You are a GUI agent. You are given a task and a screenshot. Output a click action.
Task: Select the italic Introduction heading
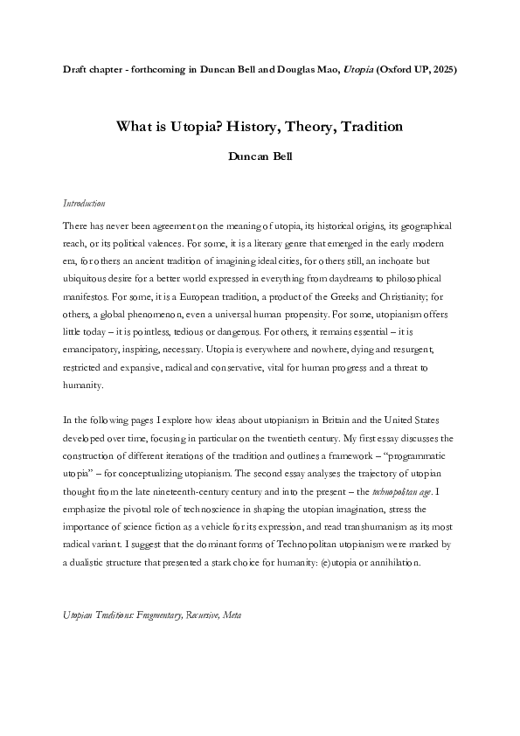click(85, 204)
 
